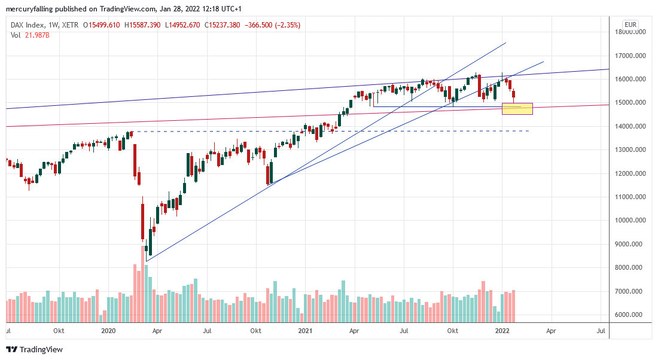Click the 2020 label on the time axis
(x=108, y=330)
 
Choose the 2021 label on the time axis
(x=305, y=330)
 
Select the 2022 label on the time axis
(x=502, y=330)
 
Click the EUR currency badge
(x=630, y=25)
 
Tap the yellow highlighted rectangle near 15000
(x=517, y=108)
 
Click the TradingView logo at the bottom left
(x=34, y=349)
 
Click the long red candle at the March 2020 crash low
(x=143, y=221)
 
